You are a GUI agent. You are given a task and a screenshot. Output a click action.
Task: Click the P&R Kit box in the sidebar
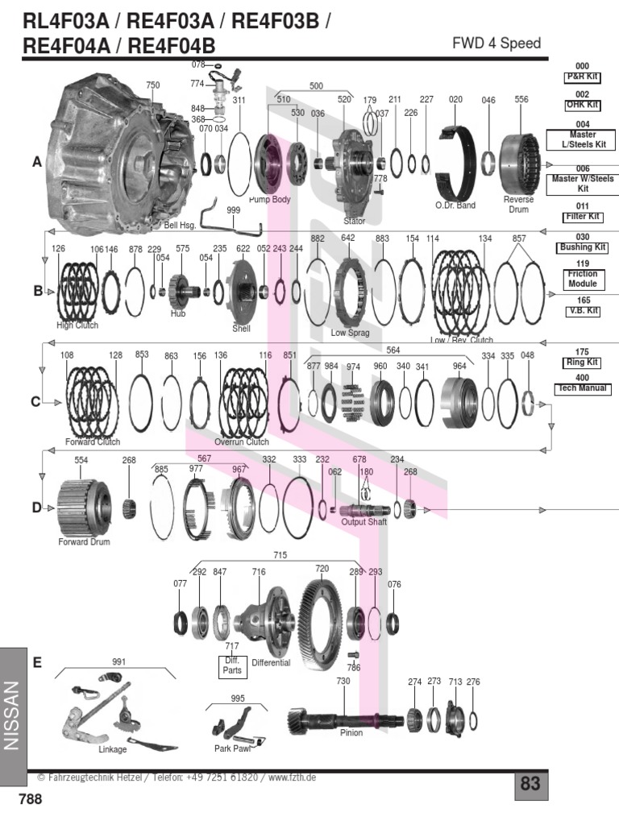(x=583, y=77)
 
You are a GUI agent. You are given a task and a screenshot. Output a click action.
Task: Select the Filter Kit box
(x=583, y=217)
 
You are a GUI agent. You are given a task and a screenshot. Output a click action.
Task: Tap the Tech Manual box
(x=583, y=388)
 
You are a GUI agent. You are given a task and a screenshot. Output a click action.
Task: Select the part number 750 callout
(x=153, y=85)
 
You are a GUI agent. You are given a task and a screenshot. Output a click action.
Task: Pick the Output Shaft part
(x=364, y=509)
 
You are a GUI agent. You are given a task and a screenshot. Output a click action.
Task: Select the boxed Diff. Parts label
(x=232, y=664)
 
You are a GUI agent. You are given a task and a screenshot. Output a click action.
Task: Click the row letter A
(x=36, y=162)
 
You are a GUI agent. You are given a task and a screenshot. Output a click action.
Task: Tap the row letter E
(x=36, y=661)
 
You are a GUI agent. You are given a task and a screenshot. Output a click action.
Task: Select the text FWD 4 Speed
(x=497, y=44)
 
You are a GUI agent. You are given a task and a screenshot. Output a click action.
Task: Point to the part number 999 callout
(x=234, y=209)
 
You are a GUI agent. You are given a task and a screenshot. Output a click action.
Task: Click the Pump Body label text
(x=269, y=198)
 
